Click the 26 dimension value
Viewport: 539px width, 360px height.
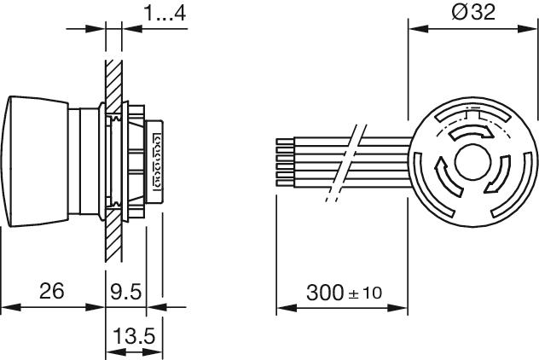pos(51,291)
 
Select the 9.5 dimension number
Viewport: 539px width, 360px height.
pos(126,292)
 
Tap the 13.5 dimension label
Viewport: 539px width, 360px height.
pos(134,335)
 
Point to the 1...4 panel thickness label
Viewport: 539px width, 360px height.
pos(165,13)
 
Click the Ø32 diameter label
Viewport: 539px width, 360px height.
pos(473,12)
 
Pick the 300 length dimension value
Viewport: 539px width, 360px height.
pos(325,293)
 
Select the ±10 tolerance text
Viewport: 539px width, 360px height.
pos(365,293)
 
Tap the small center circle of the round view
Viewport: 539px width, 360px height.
pos(472,161)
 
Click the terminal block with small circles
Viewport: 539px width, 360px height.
pos(156,160)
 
